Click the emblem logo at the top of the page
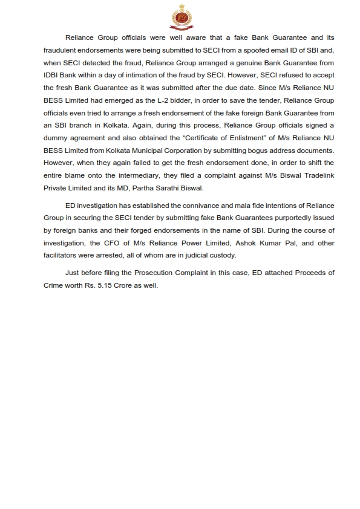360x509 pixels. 180,16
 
